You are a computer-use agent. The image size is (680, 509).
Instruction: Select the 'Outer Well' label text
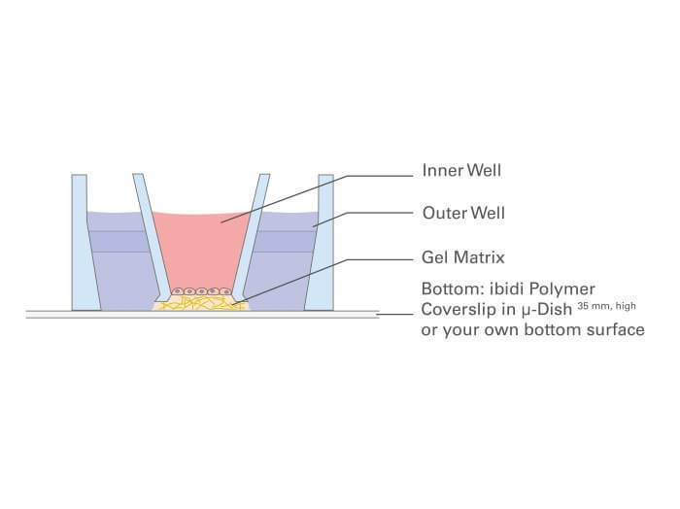(463, 212)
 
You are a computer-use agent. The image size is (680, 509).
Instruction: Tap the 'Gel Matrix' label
(462, 257)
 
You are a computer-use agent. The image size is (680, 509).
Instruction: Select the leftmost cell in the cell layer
(177, 290)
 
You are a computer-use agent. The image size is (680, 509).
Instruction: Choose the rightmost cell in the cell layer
(224, 290)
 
